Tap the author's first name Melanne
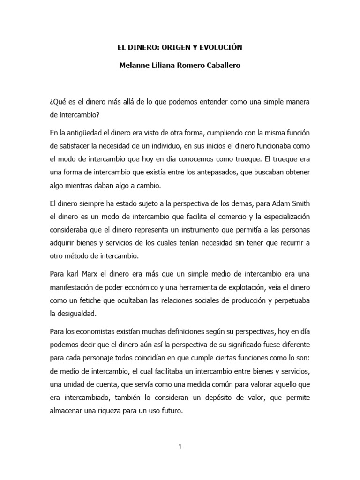pos(135,66)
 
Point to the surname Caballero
pos(221,66)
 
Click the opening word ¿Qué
pos(58,102)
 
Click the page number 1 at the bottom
pos(180,446)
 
